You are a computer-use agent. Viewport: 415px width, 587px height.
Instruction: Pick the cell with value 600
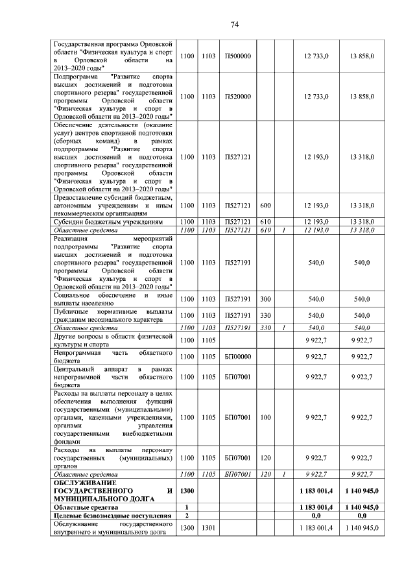265,206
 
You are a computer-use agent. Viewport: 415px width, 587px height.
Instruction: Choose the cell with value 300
265,299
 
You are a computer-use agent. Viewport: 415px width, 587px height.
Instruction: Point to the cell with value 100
265,417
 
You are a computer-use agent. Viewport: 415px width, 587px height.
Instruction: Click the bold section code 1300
187,491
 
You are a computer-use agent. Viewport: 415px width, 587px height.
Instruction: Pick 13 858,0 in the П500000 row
362,57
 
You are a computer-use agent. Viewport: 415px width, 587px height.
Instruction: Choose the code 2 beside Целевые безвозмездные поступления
187,516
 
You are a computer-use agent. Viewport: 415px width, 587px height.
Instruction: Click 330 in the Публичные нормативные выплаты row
265,315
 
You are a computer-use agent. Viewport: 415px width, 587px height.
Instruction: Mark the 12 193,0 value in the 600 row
316,206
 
